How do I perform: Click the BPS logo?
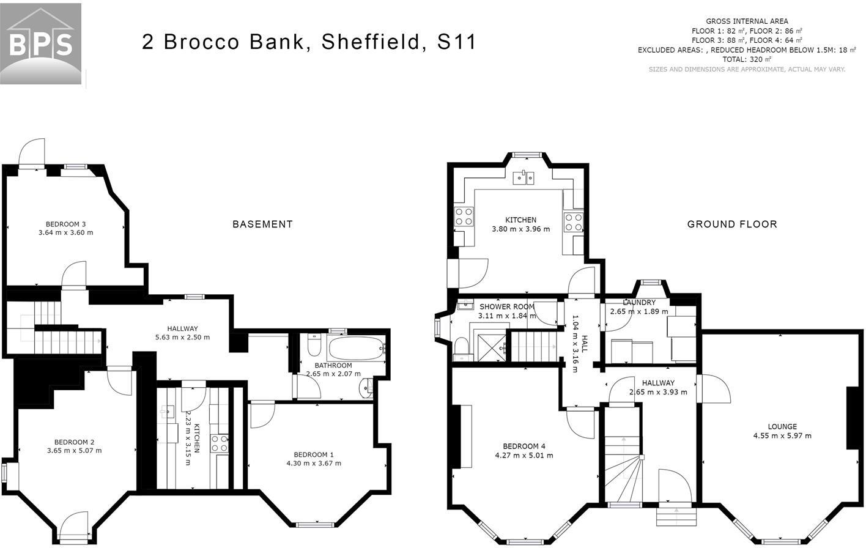coord(40,43)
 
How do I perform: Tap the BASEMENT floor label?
coord(262,224)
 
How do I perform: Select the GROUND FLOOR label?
coord(732,224)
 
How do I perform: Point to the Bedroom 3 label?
coord(65,224)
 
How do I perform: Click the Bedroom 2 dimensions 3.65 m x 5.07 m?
coord(74,451)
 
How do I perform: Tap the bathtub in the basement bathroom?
coord(356,349)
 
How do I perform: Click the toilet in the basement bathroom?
coord(314,345)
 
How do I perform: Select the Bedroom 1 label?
coord(314,455)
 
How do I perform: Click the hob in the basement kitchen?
coord(219,443)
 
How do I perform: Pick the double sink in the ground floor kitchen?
coord(524,179)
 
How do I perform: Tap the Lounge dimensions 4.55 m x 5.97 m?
coord(782,436)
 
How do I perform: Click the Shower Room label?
coord(507,306)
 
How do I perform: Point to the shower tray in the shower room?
coord(492,347)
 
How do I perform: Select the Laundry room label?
coord(639,302)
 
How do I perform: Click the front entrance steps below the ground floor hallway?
coord(676,516)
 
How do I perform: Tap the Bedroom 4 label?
coord(524,446)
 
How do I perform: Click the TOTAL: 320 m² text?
coord(747,59)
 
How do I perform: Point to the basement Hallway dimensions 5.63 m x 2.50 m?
coord(182,337)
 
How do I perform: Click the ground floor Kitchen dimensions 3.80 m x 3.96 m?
coord(520,229)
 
